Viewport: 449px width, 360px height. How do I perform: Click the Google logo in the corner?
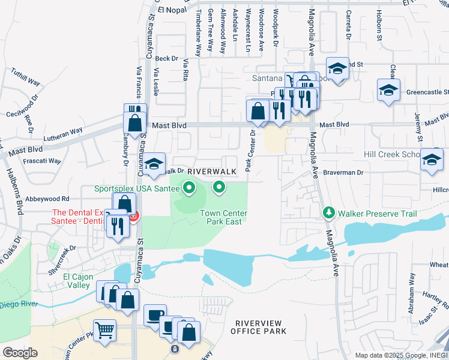[x=20, y=353]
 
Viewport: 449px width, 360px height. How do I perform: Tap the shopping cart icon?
[x=104, y=331]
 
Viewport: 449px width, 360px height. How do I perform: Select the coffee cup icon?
[x=155, y=316]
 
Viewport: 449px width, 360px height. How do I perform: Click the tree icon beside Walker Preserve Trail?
[x=328, y=213]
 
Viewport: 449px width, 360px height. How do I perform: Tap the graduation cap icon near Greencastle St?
[x=388, y=91]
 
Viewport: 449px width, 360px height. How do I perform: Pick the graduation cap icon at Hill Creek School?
[x=431, y=160]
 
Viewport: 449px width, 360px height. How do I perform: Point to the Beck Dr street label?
[x=167, y=58]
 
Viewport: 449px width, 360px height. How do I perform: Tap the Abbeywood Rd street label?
[x=48, y=199]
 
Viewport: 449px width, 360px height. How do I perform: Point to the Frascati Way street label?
[x=42, y=161]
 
